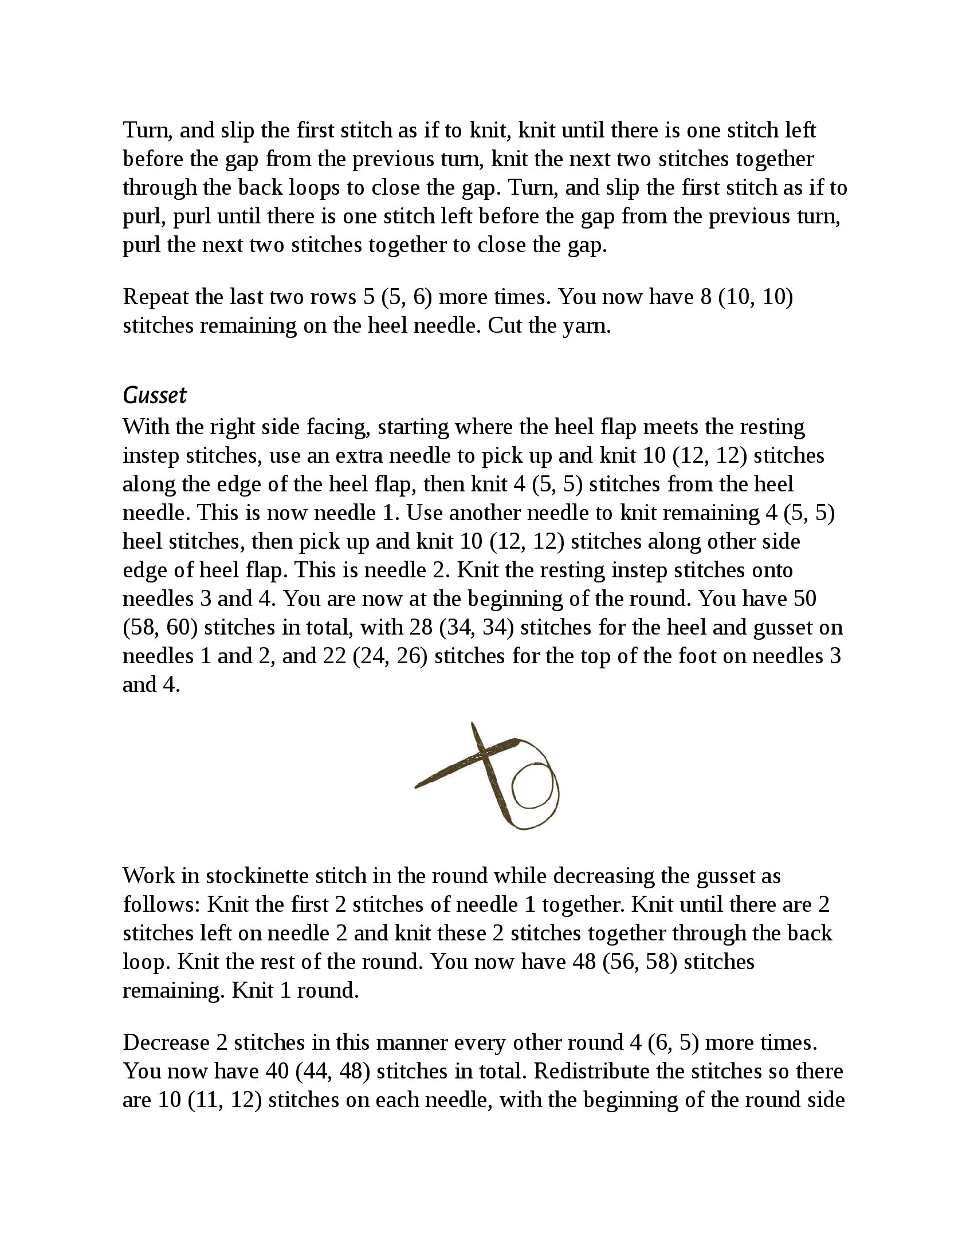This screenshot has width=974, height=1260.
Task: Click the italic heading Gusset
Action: (155, 395)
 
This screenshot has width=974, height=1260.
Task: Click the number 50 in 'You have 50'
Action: (804, 599)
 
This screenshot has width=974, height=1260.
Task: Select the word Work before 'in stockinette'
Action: (148, 876)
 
